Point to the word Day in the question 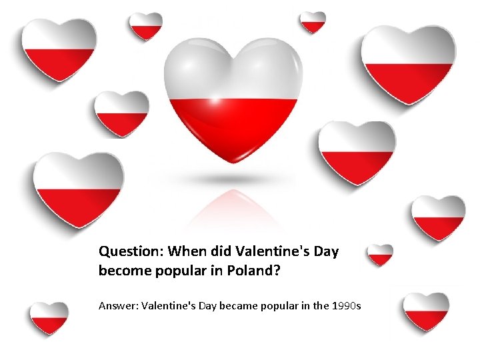[x=327, y=252]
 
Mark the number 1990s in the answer [x=346, y=306]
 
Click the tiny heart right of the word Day [x=381, y=254]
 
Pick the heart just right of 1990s [x=426, y=310]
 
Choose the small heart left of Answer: [x=49, y=317]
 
